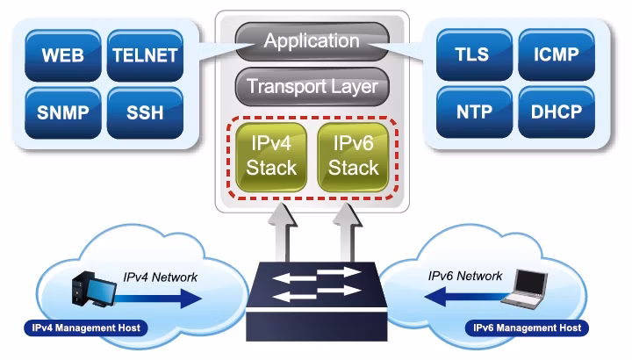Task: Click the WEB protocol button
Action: [63, 55]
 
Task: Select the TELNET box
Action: [145, 55]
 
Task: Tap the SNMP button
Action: [63, 113]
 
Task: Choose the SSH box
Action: [145, 113]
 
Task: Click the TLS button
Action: [474, 54]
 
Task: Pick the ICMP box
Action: [557, 54]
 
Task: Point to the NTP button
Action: [474, 112]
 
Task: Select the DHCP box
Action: [557, 112]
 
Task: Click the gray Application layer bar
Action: [312, 41]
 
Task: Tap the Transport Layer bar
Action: [312, 86]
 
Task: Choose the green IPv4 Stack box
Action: [271, 156]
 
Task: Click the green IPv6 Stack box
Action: [354, 156]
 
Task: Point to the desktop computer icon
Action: [94, 289]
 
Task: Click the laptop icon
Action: [524, 290]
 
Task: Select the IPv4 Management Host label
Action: [86, 328]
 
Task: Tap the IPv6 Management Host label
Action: [528, 328]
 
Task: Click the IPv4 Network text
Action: [161, 277]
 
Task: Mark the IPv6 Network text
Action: [465, 277]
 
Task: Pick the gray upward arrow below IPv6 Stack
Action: [348, 233]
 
